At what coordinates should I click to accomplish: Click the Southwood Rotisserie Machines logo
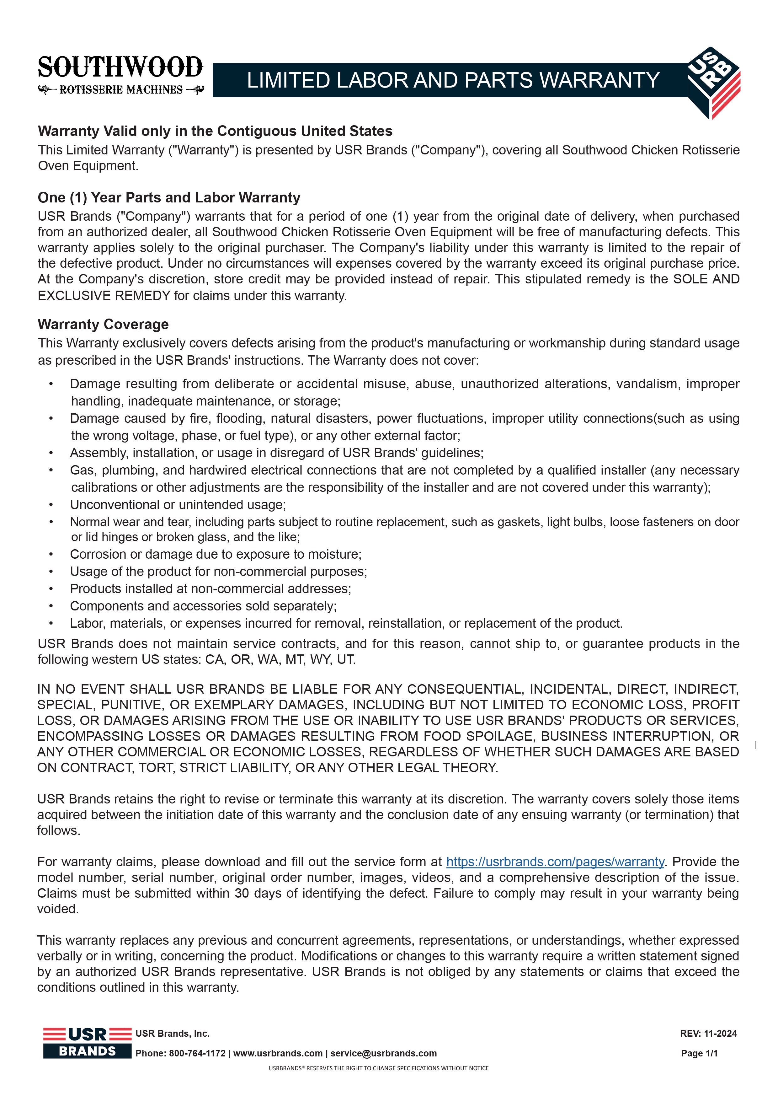(x=120, y=75)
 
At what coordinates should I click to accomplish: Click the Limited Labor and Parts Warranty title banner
(x=452, y=80)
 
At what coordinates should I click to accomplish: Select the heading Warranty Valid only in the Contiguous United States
(x=215, y=131)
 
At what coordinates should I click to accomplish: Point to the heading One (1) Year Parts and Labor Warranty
(x=169, y=197)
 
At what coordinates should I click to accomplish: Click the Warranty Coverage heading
(x=103, y=324)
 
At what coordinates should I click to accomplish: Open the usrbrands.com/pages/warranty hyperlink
(x=555, y=862)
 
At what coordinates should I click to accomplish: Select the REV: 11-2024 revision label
(x=708, y=1034)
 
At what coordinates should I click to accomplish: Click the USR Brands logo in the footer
(x=87, y=1043)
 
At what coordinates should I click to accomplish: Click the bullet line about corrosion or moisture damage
(x=216, y=554)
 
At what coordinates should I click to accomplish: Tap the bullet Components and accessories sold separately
(x=203, y=606)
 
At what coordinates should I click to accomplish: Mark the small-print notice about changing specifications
(x=378, y=1068)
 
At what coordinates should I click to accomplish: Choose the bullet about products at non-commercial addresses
(x=210, y=589)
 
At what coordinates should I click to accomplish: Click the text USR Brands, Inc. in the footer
(x=173, y=1034)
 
